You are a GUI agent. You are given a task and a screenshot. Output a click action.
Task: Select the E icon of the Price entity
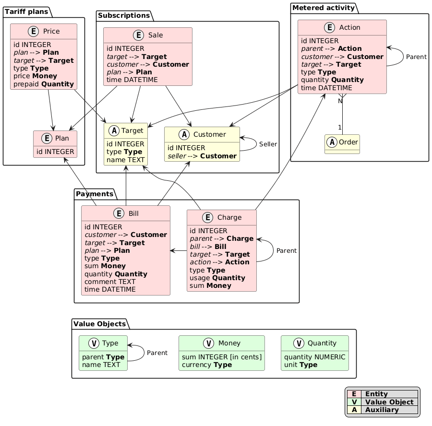34,32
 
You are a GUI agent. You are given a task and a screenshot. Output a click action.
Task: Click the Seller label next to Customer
268,144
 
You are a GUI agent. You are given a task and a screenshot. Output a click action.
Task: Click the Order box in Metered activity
342,144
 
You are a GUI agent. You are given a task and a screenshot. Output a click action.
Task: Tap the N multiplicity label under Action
340,101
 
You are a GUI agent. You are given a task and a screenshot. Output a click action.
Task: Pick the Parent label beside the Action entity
416,57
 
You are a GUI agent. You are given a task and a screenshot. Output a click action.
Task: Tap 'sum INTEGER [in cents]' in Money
221,357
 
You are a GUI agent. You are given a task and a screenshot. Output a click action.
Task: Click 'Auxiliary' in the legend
382,410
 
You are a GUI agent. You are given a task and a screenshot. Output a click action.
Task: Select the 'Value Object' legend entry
389,402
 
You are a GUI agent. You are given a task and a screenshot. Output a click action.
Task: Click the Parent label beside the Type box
157,353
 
